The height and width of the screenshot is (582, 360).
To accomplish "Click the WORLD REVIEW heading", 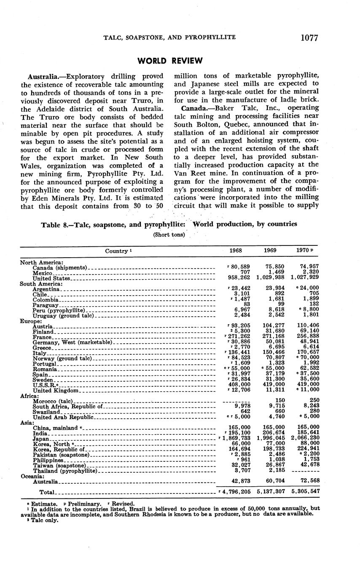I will tap(169, 61).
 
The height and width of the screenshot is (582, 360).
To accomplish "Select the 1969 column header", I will tap(270, 251).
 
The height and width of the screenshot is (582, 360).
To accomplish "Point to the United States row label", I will tap(52, 278).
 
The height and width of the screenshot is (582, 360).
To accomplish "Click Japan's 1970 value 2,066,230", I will tap(305, 439).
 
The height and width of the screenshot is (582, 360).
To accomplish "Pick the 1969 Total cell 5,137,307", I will tap(270, 492).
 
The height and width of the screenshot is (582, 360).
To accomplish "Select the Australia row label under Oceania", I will tap(45, 482).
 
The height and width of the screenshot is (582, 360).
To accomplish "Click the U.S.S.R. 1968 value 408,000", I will tap(239, 385).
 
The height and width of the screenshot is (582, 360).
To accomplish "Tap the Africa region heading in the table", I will tap(29, 396).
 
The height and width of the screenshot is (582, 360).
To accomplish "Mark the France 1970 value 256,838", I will tap(306, 337).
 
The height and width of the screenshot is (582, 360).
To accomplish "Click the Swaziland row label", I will tap(46, 412).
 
